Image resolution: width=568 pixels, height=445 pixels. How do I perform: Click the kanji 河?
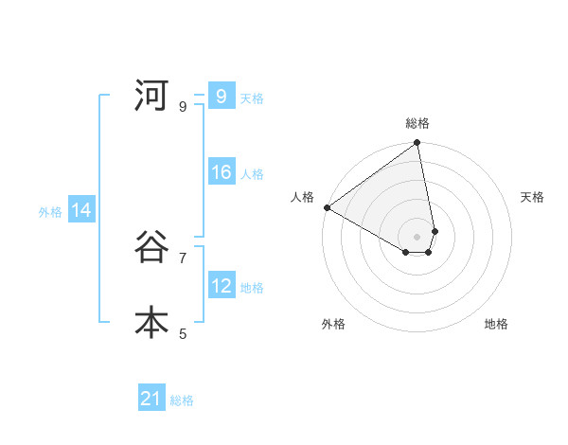point(151,96)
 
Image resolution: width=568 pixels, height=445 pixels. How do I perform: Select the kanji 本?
point(151,323)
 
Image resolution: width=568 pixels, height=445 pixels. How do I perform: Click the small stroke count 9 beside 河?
point(183,106)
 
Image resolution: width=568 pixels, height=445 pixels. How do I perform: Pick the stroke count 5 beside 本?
point(183,333)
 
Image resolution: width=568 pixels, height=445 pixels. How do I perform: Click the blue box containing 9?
point(221,97)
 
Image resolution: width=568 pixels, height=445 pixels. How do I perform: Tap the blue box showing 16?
point(221,172)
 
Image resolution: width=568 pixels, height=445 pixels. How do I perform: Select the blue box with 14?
point(81,211)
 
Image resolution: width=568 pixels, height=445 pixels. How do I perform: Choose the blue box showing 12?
point(221,286)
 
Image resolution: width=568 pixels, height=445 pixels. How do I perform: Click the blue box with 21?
point(151,399)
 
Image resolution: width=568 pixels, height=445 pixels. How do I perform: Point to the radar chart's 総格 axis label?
point(417,123)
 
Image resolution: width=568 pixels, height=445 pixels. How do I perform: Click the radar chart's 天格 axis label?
point(532,197)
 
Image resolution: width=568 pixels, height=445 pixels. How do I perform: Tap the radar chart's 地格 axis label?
point(496,324)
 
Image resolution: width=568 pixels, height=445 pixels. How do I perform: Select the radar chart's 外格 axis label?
point(333,324)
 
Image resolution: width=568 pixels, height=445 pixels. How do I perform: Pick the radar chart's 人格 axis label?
point(302,197)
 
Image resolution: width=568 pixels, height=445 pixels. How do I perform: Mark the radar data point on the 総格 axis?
point(417,144)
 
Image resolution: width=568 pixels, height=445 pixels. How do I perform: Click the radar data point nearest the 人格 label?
point(327,207)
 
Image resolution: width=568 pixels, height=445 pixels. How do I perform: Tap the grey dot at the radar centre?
point(417,236)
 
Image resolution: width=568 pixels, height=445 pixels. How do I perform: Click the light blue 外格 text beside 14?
point(50,212)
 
